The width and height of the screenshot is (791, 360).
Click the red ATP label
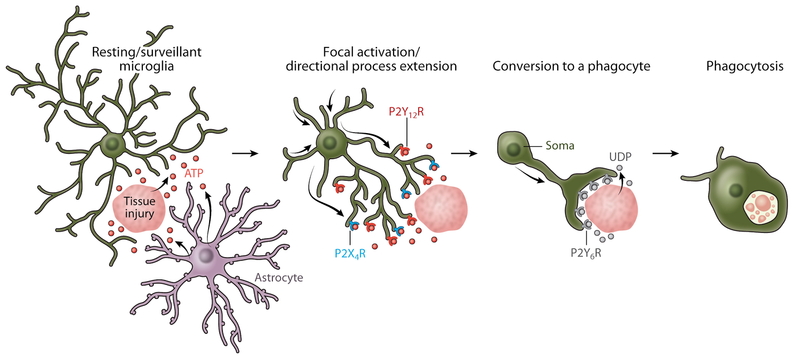[194, 174]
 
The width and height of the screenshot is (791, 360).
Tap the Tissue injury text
[139, 207]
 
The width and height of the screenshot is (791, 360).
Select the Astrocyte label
[279, 277]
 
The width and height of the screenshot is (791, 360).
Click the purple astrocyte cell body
[205, 256]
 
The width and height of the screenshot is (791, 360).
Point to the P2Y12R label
[406, 112]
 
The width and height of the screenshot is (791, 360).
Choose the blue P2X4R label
[350, 254]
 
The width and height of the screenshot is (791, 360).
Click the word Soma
[560, 145]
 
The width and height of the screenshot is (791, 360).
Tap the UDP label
[620, 157]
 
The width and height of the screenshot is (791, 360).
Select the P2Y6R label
[586, 253]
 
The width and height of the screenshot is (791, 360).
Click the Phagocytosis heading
[745, 66]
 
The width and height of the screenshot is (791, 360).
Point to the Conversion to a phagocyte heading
[571, 66]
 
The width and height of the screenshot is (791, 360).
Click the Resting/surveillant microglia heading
[146, 59]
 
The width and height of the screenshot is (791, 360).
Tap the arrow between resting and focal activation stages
[245, 153]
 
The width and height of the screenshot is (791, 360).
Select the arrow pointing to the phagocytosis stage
[665, 153]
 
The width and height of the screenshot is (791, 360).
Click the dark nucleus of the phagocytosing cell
[736, 190]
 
